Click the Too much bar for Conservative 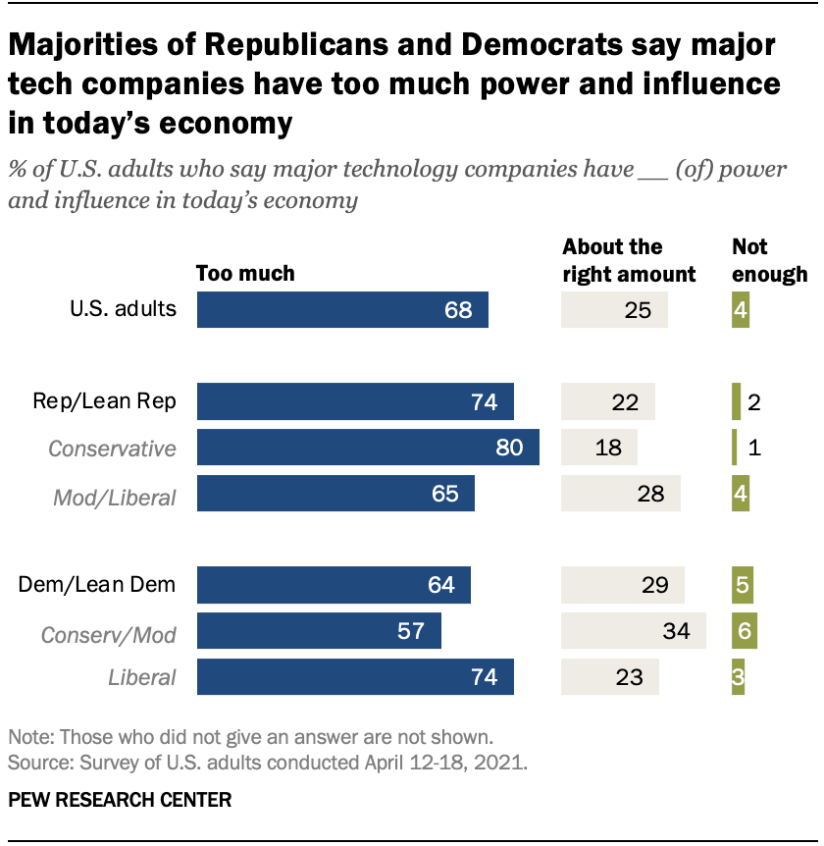pyautogui.click(x=368, y=448)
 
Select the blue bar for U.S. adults pyautogui.click(x=342, y=310)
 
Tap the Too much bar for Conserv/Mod pyautogui.click(x=319, y=631)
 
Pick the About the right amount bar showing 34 pyautogui.click(x=633, y=631)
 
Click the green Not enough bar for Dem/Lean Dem pyautogui.click(x=742, y=586)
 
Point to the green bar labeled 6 pyautogui.click(x=744, y=631)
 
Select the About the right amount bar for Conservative pyautogui.click(x=598, y=448)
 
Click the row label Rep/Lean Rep pyautogui.click(x=104, y=402)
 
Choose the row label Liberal pyautogui.click(x=142, y=677)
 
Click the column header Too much pyautogui.click(x=245, y=274)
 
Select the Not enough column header pyautogui.click(x=769, y=260)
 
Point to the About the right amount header pyautogui.click(x=628, y=260)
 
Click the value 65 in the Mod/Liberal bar pyautogui.click(x=445, y=494)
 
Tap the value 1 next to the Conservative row pyautogui.click(x=753, y=449)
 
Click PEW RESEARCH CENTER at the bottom pyautogui.click(x=120, y=800)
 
